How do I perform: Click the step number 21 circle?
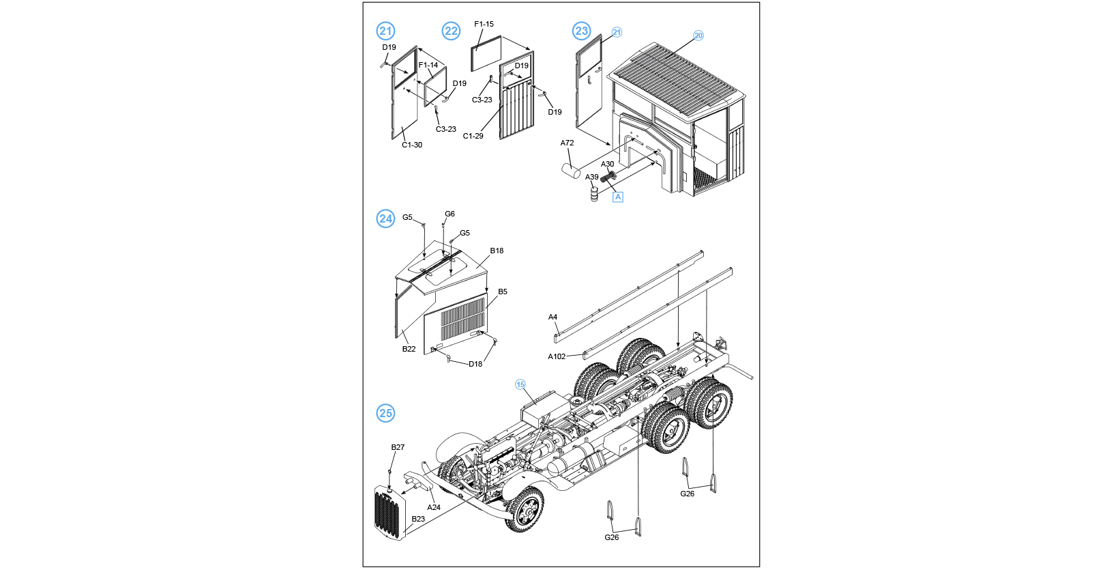[385, 31]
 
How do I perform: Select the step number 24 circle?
[385, 218]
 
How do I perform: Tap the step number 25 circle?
[385, 413]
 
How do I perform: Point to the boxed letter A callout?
[618, 197]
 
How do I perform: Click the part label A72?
[567, 143]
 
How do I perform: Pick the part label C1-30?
[412, 145]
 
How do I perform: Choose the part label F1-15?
[484, 24]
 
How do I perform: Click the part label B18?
[497, 251]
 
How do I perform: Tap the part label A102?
[557, 356]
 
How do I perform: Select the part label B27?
[398, 448]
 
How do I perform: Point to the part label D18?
[475, 364]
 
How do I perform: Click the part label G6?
[450, 214]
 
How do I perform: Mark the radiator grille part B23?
[389, 512]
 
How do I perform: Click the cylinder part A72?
[570, 170]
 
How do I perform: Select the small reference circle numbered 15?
[520, 384]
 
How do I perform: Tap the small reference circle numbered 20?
[698, 36]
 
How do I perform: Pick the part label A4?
[552, 317]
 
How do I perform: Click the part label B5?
[503, 292]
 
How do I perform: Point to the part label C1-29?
[473, 136]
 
